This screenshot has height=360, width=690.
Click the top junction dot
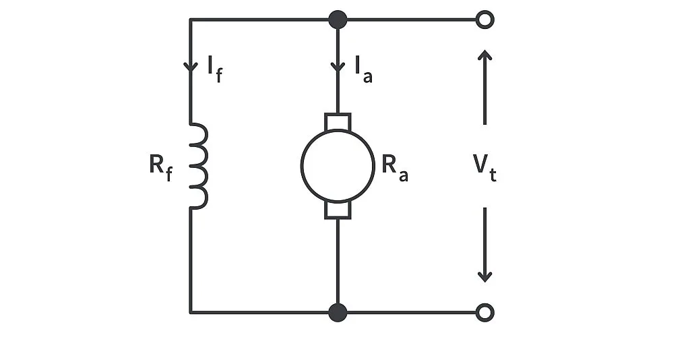[x=338, y=20]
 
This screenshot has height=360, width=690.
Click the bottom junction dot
[x=338, y=312]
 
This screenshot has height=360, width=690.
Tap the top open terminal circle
[x=484, y=20]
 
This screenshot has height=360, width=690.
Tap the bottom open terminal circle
[x=484, y=312]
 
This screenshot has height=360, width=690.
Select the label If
[x=214, y=68]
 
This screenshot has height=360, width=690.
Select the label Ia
[x=363, y=68]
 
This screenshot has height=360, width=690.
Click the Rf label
[x=160, y=166]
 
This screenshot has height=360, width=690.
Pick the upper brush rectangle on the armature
[x=337, y=122]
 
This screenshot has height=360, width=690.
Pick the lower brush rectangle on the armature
[x=337, y=210]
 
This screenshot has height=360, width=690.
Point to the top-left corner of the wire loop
[x=191, y=20]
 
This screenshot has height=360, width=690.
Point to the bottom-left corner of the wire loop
[x=191, y=312]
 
